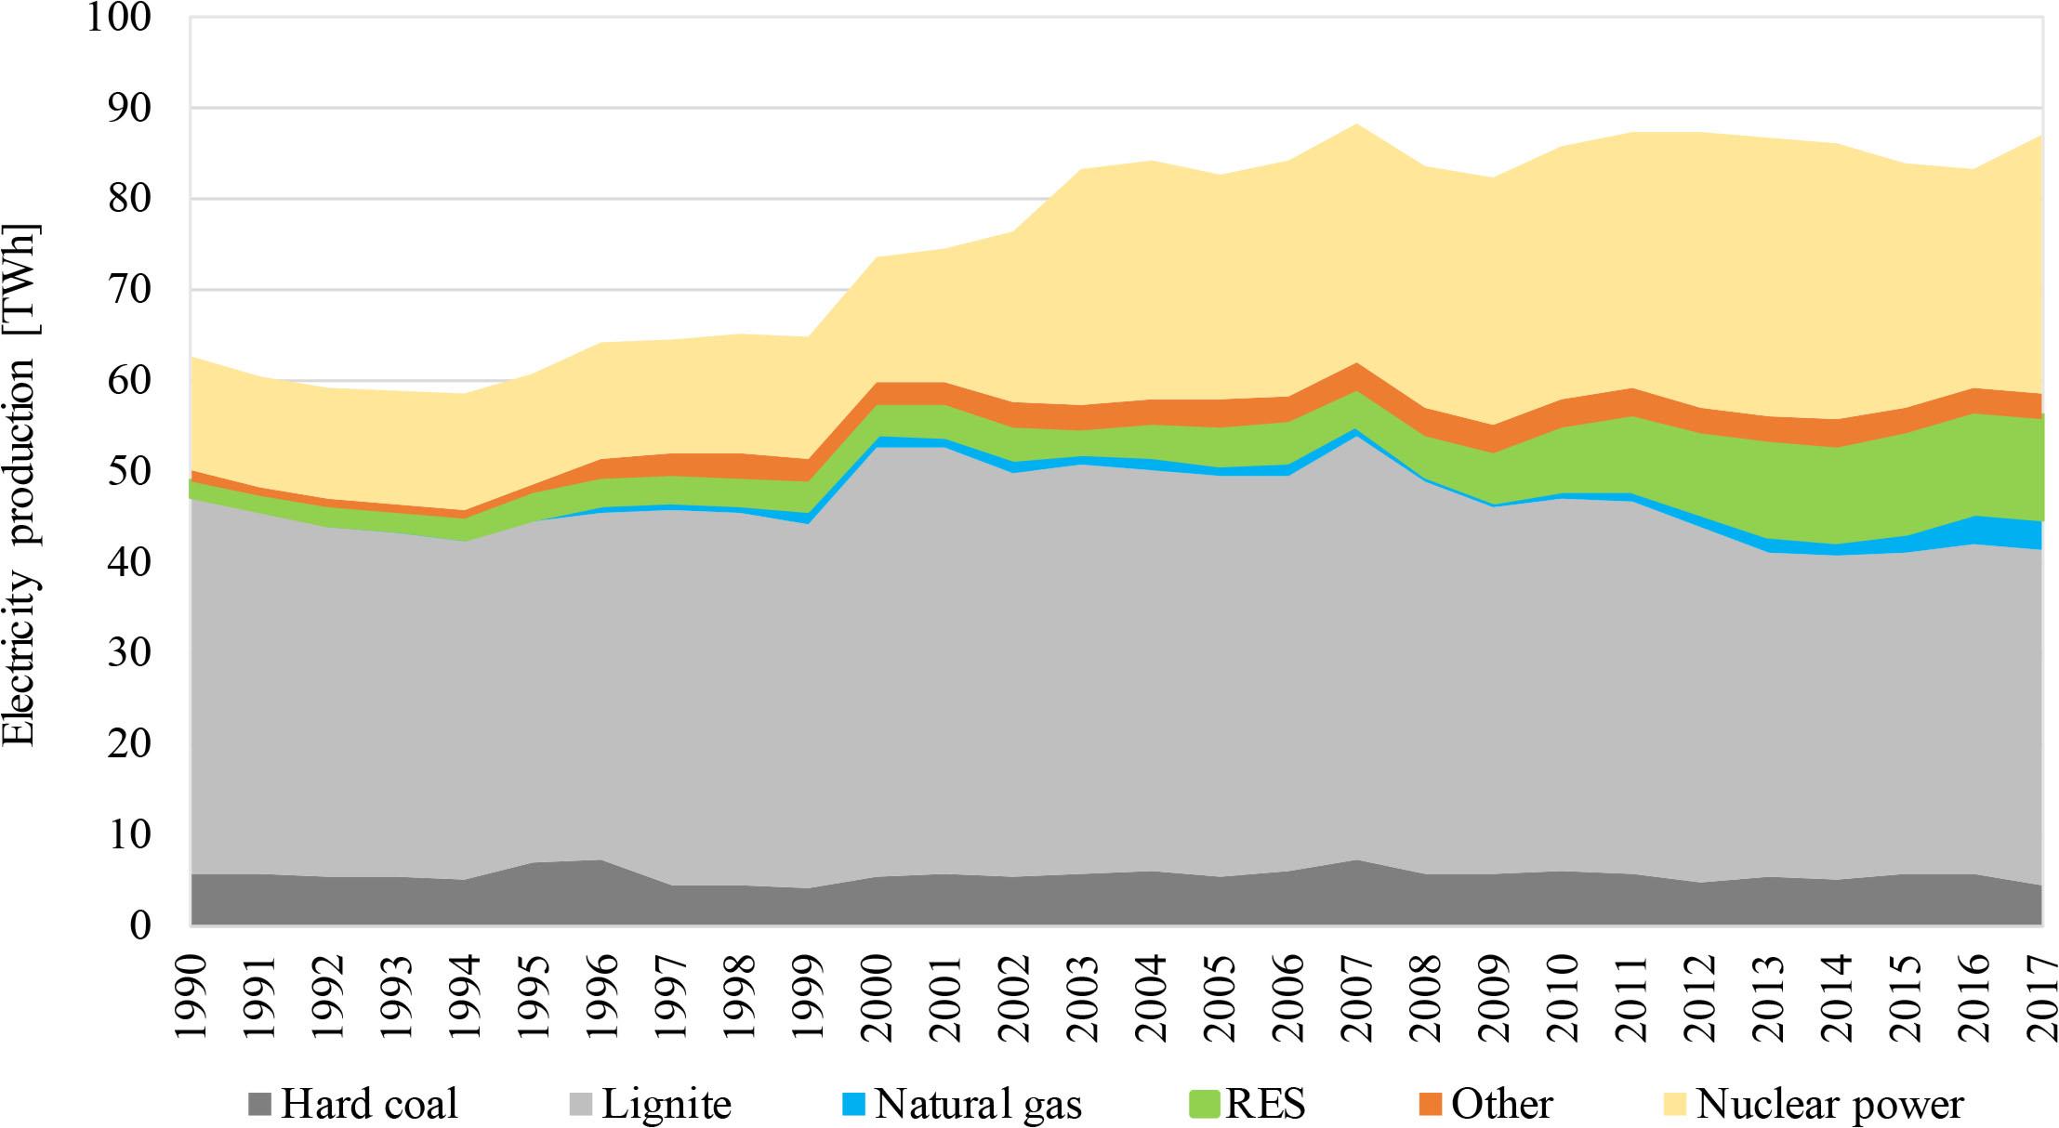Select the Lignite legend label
pos(667,1105)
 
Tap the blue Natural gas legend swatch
pos(853,1105)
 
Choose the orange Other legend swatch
pos(1431,1105)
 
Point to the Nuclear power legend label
pos(1829,1105)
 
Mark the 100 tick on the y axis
pos(118,17)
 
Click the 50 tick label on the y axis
pos(128,471)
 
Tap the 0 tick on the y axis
pos(139,925)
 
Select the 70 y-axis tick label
pos(128,289)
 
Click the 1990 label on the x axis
pos(191,999)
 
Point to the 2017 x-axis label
pos(2040,999)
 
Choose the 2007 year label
pos(1356,999)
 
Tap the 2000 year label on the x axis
pos(877,999)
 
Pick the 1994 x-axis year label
pos(466,999)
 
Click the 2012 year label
pos(1698,999)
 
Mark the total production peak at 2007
pos(1356,124)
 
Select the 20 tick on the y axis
pos(128,743)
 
